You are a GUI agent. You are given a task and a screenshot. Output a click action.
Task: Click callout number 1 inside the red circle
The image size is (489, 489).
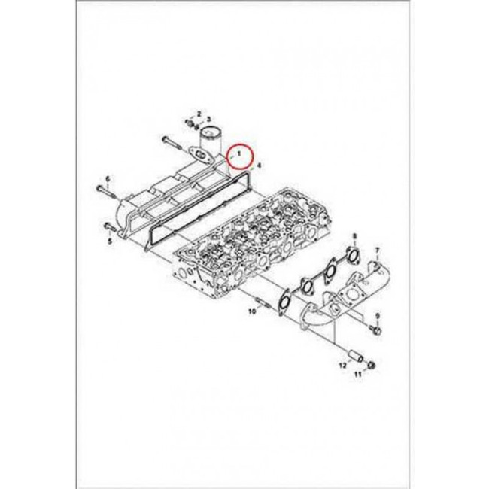tap(239, 153)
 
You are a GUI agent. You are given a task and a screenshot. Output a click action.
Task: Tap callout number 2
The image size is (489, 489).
tap(199, 113)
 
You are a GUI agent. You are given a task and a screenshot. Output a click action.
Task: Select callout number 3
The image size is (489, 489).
tap(209, 119)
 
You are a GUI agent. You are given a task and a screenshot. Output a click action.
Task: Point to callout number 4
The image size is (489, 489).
tap(259, 165)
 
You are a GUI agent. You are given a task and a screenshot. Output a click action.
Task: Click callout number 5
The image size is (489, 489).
tap(110, 241)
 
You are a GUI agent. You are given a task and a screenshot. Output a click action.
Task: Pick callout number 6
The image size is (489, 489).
tap(108, 179)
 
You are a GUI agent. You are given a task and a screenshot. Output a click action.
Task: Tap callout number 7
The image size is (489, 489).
tap(377, 251)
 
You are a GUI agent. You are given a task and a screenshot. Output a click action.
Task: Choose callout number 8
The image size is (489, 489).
tap(354, 236)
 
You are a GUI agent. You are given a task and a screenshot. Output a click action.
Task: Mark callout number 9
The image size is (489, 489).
tap(378, 316)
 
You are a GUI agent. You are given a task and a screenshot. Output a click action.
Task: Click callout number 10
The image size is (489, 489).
tap(252, 311)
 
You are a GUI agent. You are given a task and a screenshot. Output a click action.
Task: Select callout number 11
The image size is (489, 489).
tap(357, 374)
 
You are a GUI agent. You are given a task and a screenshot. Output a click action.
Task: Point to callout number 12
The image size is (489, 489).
tap(343, 365)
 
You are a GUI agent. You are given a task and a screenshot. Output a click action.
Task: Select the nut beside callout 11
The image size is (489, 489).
tap(371, 365)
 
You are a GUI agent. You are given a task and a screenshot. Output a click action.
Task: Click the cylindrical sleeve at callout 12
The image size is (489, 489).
tap(356, 356)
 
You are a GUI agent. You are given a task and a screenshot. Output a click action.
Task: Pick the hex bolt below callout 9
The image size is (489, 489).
tap(376, 330)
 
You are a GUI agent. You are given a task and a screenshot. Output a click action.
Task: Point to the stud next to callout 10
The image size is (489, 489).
tap(261, 302)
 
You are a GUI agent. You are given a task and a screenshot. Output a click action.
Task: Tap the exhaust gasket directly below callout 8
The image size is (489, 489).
tap(352, 255)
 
